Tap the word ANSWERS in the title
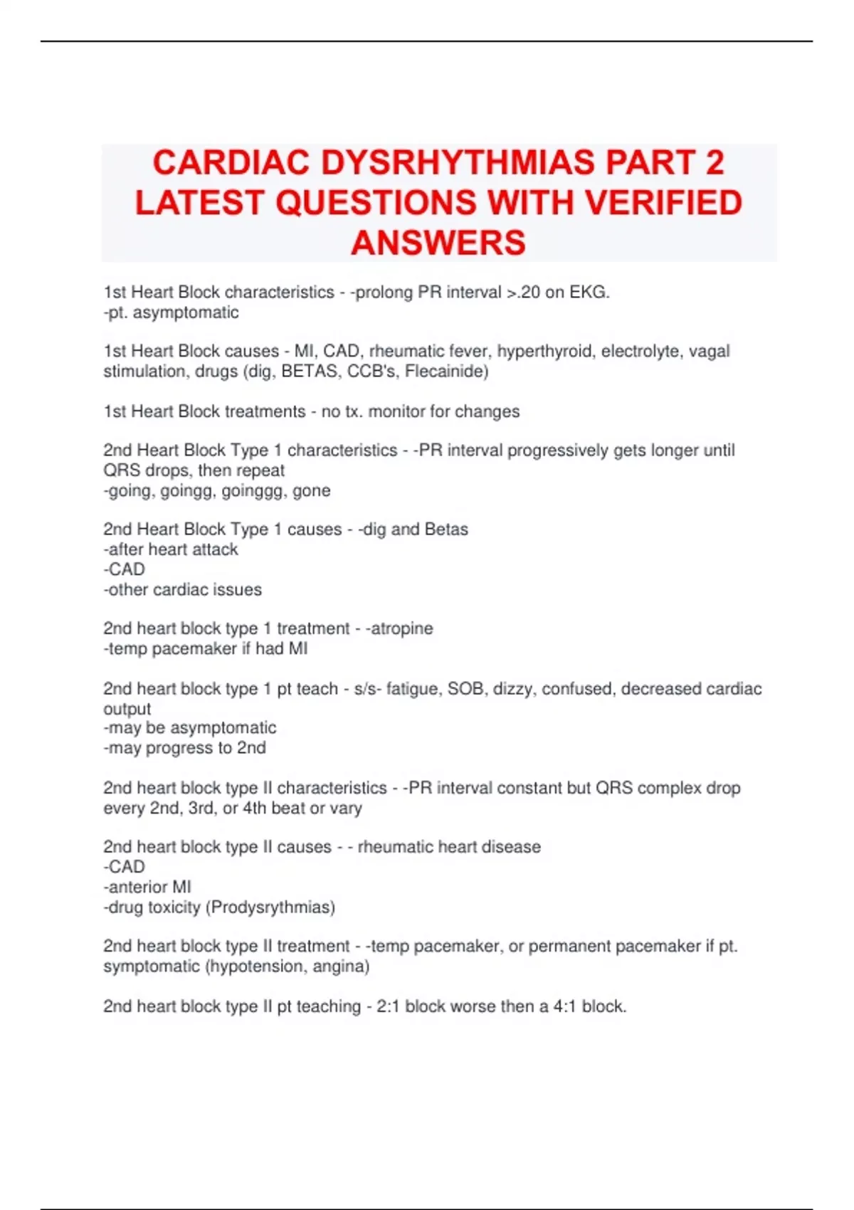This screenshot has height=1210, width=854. [438, 243]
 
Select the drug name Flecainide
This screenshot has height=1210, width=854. [446, 372]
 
